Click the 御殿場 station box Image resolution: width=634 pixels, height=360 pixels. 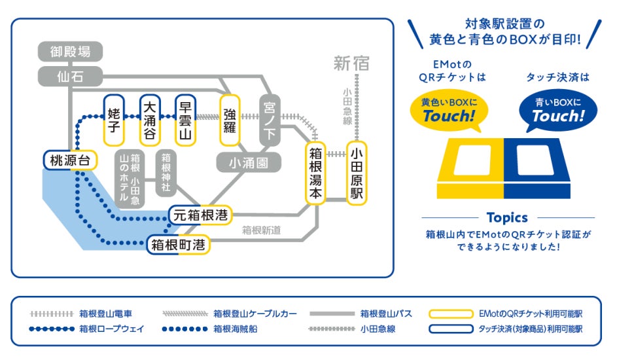pyautogui.click(x=70, y=51)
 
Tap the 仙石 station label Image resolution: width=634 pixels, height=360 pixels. pyautogui.click(x=70, y=76)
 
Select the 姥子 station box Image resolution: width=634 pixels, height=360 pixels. pyautogui.click(x=114, y=121)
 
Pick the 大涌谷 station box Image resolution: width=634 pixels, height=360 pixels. pyautogui.click(x=150, y=121)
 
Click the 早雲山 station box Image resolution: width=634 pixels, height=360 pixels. pyautogui.click(x=186, y=121)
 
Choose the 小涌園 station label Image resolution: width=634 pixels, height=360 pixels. pyautogui.click(x=249, y=162)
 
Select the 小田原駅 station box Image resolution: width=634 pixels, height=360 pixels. pyautogui.click(x=357, y=173)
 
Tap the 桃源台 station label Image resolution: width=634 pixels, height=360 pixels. pyautogui.click(x=70, y=160)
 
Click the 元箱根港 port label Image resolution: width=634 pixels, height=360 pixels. pyautogui.click(x=201, y=214)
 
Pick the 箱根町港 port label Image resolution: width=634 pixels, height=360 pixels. pyautogui.click(x=178, y=245)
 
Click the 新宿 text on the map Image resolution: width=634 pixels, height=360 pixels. pyautogui.click(x=351, y=63)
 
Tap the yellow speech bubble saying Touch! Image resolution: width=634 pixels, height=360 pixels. pyautogui.click(x=448, y=110)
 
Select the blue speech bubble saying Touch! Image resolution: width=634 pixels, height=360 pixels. pyautogui.click(x=557, y=110)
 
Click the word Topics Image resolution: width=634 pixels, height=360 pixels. pyautogui.click(x=507, y=217)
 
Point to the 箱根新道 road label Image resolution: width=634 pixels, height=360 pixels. pyautogui.click(x=261, y=230)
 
